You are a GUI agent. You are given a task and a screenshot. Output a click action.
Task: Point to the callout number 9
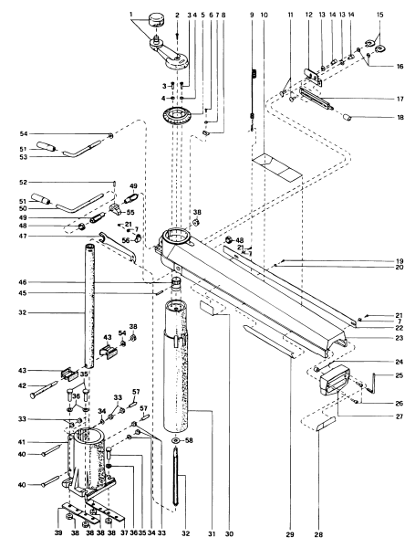tap(250, 16)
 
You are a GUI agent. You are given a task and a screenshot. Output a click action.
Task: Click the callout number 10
tap(264, 16)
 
